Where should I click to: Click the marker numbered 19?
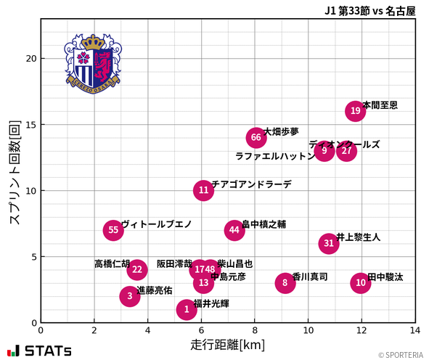point(355,111)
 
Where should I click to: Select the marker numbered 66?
point(256,137)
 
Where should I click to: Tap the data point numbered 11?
point(204,191)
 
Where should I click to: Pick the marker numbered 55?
point(113,231)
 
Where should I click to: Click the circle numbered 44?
point(234,231)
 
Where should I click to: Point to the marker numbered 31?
point(329,243)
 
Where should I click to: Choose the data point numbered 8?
point(285,283)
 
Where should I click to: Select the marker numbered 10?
point(361,283)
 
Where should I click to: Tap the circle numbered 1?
point(187,310)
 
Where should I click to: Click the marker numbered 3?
point(130,296)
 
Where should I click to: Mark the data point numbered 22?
point(137,270)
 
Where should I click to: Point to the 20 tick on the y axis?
point(28,59)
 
